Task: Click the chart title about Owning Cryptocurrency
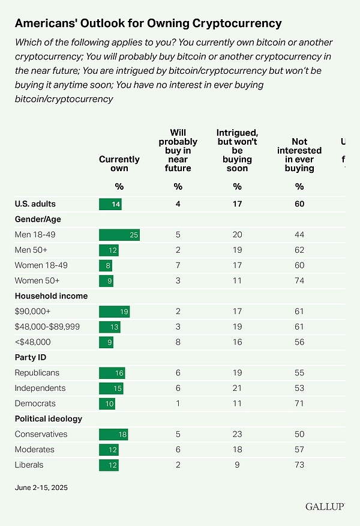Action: pos(148,23)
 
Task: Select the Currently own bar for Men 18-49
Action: pos(119,235)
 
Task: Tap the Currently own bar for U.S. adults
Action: pos(110,204)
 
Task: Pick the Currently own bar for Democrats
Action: pos(107,404)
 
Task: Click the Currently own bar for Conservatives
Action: pos(113,434)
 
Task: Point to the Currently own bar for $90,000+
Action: pos(114,311)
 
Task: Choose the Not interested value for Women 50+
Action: pos(299,280)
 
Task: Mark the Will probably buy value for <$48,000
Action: pos(178,342)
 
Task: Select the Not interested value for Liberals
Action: pos(299,465)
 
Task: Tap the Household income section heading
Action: pos(51,296)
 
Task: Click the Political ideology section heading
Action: pos(49,419)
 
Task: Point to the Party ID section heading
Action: pos(31,357)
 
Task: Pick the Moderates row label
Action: pos(34,449)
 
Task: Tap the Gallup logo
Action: pos(323,507)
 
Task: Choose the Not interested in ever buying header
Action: pos(299,155)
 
